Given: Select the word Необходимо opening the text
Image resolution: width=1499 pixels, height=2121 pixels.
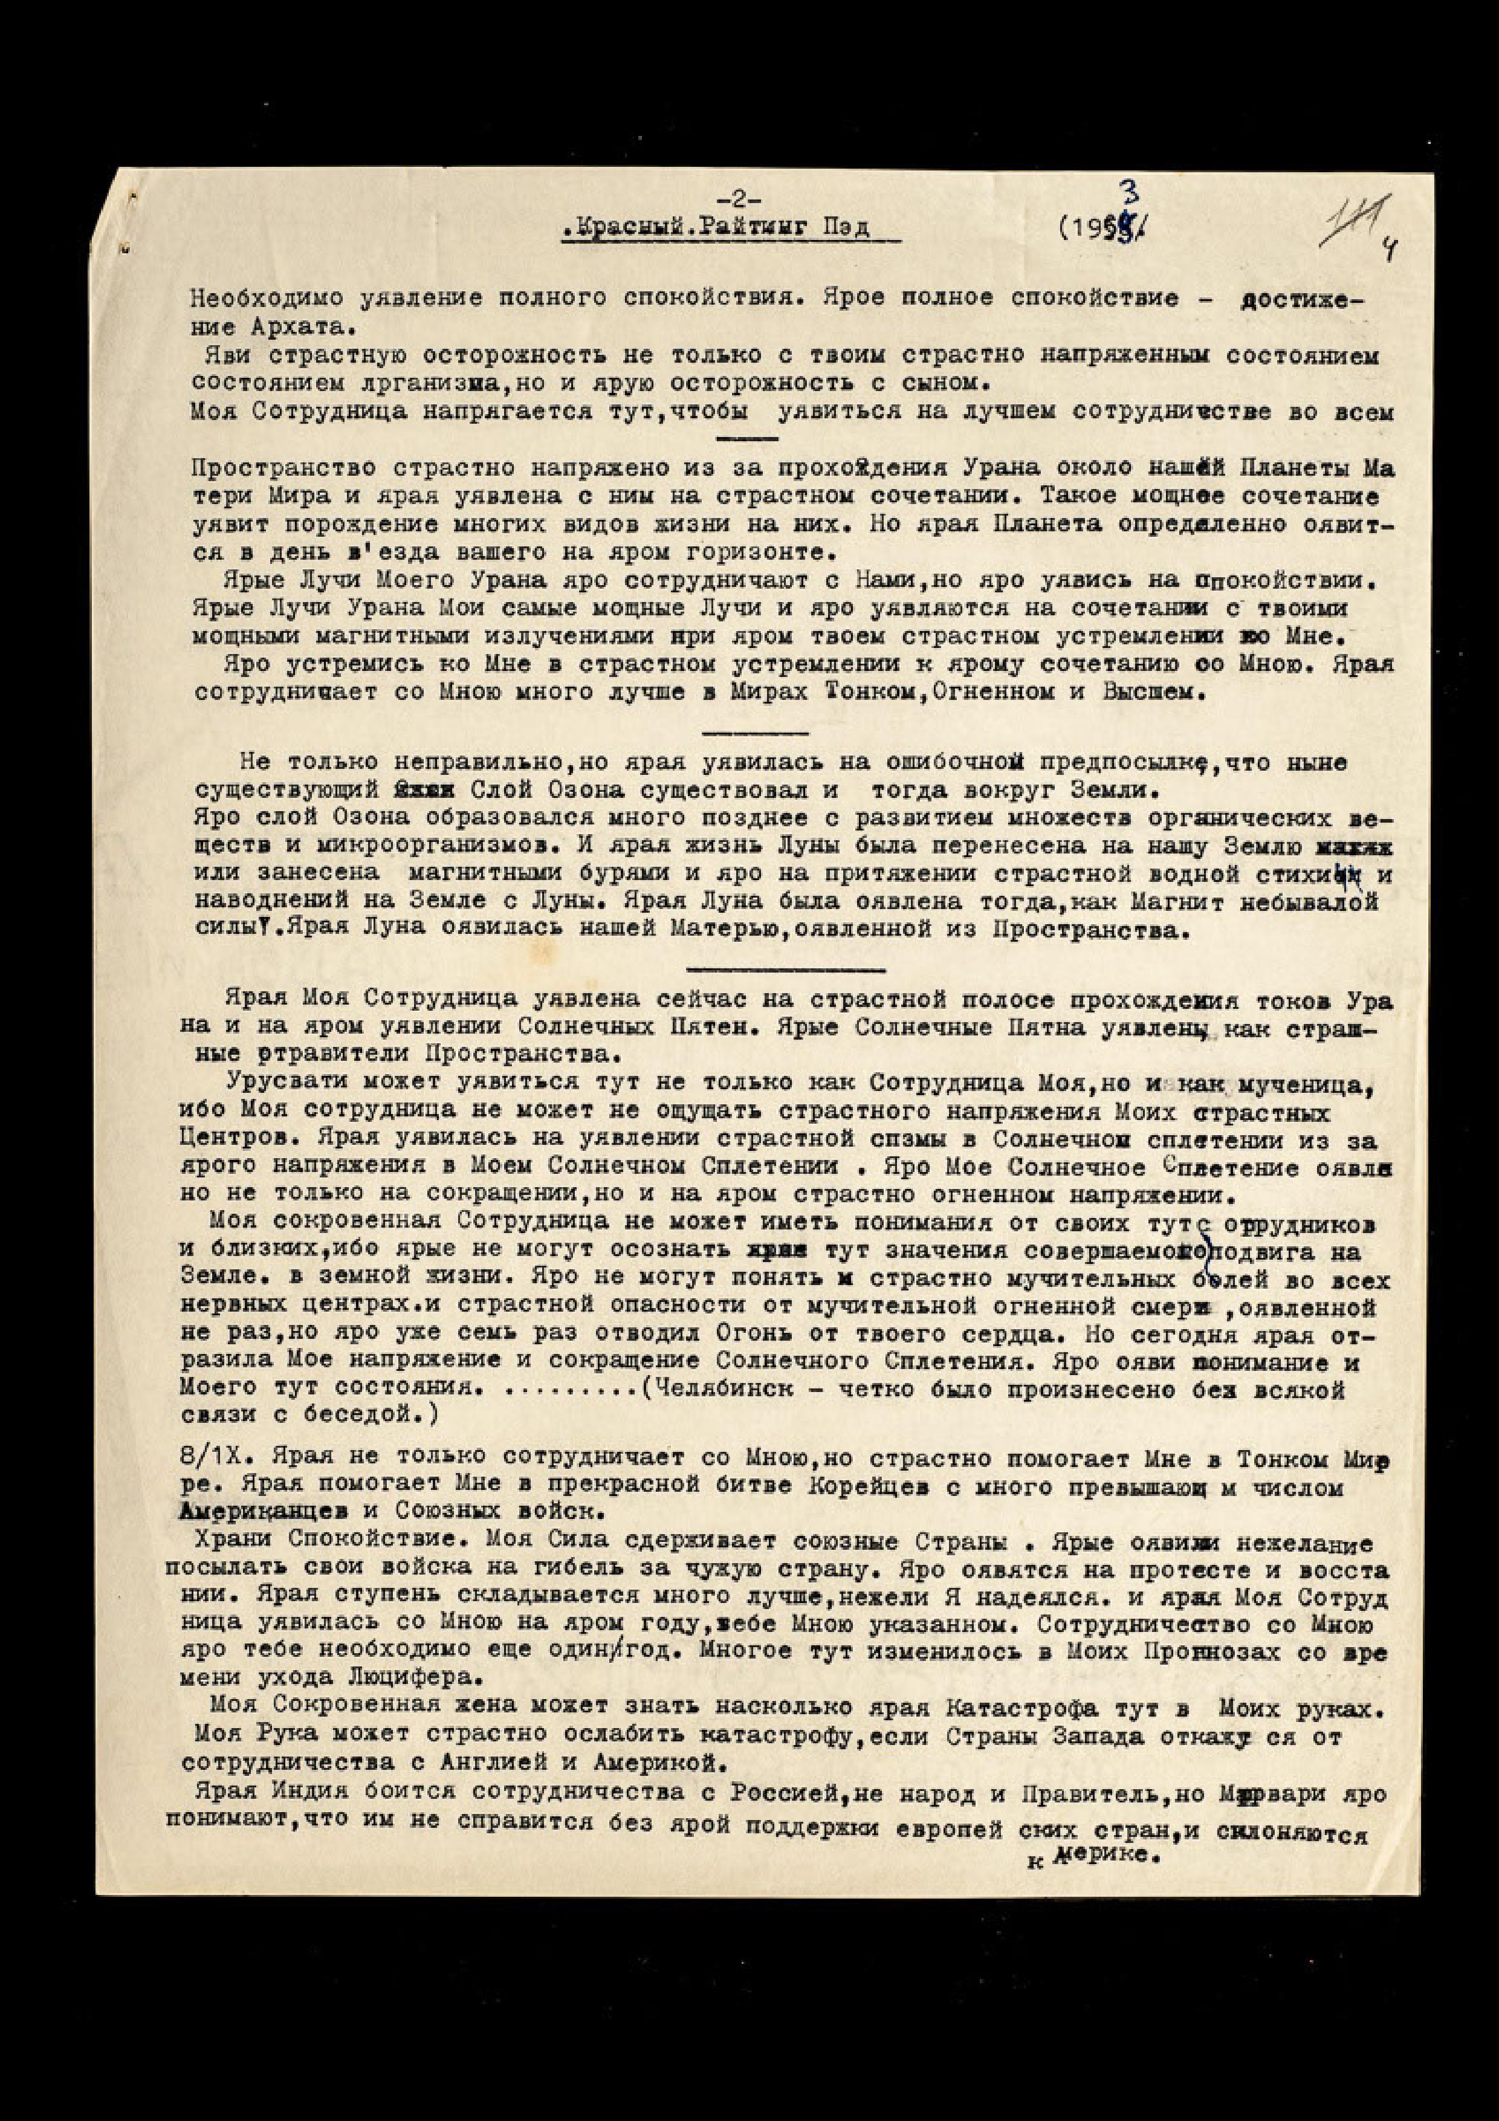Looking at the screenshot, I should tap(244, 299).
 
